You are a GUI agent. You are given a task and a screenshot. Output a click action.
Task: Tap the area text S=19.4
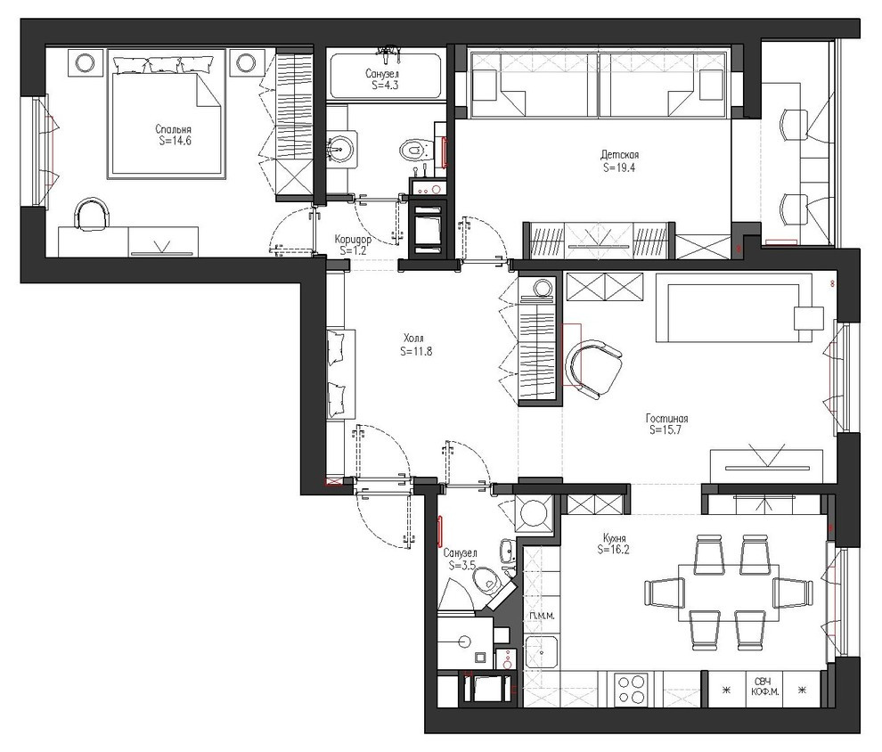click(619, 167)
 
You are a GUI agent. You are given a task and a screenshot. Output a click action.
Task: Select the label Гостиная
click(667, 419)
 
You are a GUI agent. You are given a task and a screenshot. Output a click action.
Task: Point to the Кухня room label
click(613, 537)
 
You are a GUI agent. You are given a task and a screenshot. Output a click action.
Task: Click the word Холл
click(413, 339)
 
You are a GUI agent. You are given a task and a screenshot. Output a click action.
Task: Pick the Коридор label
click(353, 239)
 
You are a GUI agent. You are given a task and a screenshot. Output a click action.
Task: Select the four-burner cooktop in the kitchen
click(631, 690)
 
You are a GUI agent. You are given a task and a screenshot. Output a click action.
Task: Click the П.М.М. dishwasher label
click(542, 616)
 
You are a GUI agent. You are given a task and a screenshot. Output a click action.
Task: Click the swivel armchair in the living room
click(593, 369)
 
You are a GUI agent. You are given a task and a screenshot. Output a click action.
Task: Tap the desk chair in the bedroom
click(91, 215)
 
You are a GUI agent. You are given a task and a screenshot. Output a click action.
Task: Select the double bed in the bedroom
click(166, 114)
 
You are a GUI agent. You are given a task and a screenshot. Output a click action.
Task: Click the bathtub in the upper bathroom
click(385, 76)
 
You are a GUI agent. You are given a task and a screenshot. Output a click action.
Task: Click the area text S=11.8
click(416, 352)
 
